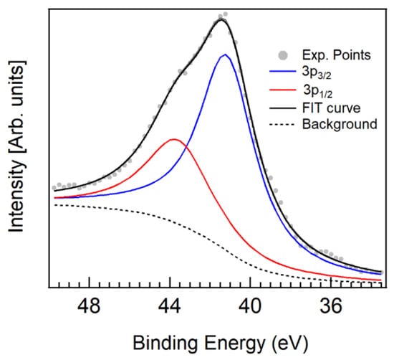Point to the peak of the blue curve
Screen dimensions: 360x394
click(x=225, y=55)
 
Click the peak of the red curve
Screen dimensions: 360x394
click(x=173, y=139)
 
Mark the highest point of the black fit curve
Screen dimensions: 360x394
click(x=222, y=19)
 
